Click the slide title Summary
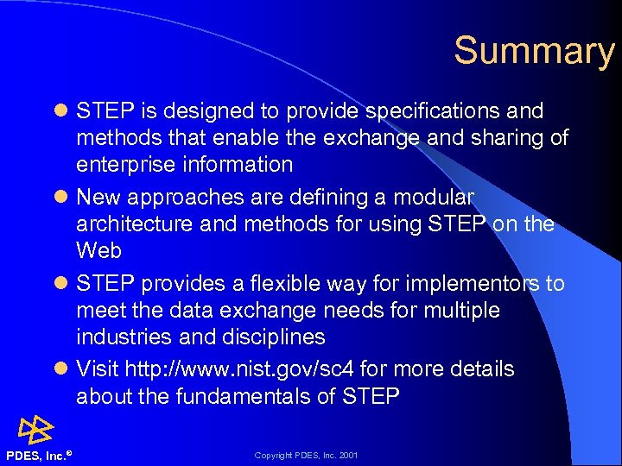(x=533, y=51)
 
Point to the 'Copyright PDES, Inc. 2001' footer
(x=306, y=455)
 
